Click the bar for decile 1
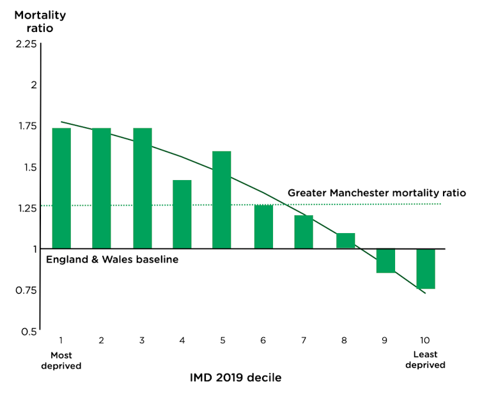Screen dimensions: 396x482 (x=61, y=188)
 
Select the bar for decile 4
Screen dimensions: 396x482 (x=182, y=214)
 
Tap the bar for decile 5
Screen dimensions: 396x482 (x=222, y=199)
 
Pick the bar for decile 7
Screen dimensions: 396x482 (x=304, y=232)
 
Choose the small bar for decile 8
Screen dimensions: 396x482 (x=345, y=241)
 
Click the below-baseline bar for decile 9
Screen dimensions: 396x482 (x=385, y=261)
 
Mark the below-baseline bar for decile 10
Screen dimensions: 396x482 (x=426, y=269)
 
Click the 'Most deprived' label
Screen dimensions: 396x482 (x=61, y=360)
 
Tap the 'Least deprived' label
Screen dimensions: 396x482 (x=426, y=360)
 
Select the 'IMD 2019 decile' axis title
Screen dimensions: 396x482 (x=235, y=377)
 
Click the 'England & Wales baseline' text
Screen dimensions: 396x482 (x=112, y=260)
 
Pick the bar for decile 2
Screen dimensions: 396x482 (x=102, y=188)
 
